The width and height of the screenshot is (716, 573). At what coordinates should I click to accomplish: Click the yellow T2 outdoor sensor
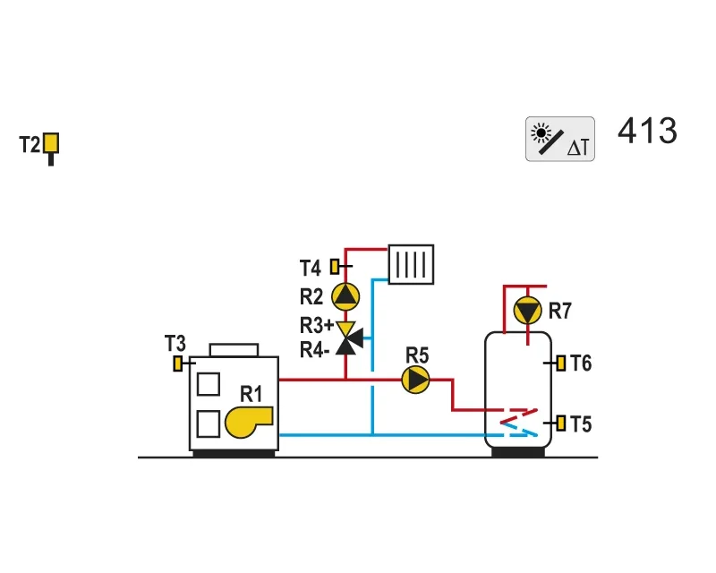click(51, 143)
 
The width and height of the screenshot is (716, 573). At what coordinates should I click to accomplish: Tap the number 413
click(647, 131)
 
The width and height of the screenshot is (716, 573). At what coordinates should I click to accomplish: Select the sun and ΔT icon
click(560, 139)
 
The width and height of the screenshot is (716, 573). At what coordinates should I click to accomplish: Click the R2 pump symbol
click(345, 296)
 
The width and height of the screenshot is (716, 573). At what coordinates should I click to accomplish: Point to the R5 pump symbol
click(415, 380)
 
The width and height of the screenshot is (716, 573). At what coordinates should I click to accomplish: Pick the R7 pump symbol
click(527, 311)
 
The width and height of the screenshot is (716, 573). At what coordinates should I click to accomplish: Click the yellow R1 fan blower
click(248, 422)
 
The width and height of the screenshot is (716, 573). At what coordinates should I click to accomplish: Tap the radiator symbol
click(411, 264)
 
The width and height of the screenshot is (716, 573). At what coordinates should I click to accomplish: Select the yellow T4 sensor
click(335, 267)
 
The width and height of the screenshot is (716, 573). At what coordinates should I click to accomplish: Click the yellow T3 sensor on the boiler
click(177, 363)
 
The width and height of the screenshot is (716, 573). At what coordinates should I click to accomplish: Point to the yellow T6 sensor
click(561, 363)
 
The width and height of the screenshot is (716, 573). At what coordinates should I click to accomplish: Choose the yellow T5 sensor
click(561, 423)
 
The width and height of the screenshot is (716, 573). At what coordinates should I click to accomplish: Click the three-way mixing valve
click(348, 338)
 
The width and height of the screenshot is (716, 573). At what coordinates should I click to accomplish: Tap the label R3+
click(317, 325)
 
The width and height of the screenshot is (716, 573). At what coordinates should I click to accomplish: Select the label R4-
click(314, 350)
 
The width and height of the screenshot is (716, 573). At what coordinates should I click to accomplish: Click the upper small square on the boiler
click(209, 384)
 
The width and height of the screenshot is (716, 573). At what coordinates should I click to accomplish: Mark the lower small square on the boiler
click(209, 424)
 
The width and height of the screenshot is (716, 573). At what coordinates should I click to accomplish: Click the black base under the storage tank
click(518, 452)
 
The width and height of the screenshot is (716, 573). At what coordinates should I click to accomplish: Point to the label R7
click(560, 311)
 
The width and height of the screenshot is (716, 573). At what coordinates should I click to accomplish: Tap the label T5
click(581, 424)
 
